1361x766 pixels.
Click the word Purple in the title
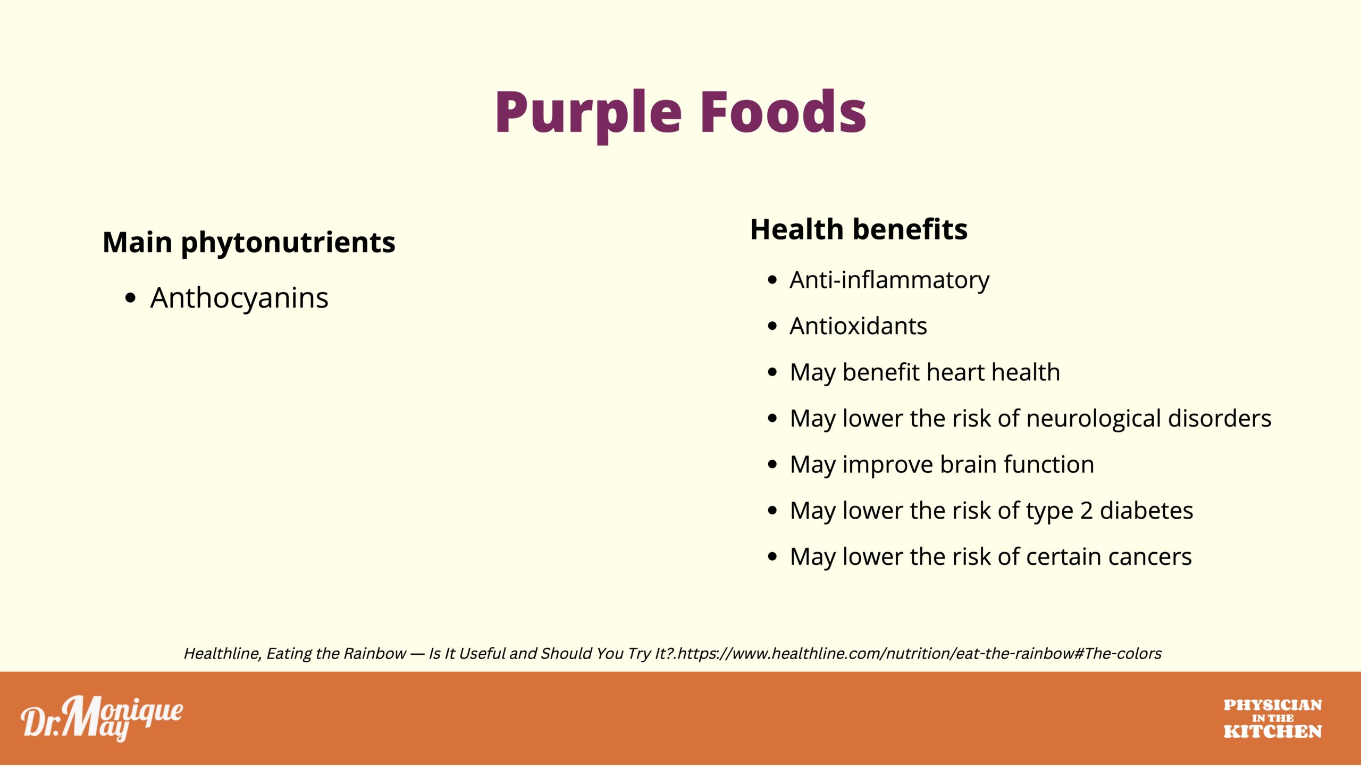coord(589,114)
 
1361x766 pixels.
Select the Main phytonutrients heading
coord(249,243)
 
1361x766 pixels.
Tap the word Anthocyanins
coord(239,297)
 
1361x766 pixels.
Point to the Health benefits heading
coord(859,229)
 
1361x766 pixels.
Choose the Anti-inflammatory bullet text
coord(889,280)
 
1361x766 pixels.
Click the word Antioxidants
coord(858,326)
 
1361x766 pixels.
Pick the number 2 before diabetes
coord(1086,511)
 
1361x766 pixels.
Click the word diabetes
coord(1146,511)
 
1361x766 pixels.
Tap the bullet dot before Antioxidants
coord(772,326)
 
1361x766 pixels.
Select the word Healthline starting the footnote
coord(223,654)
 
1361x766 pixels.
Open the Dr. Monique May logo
coord(102,718)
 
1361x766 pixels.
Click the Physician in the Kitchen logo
coord(1272,719)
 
